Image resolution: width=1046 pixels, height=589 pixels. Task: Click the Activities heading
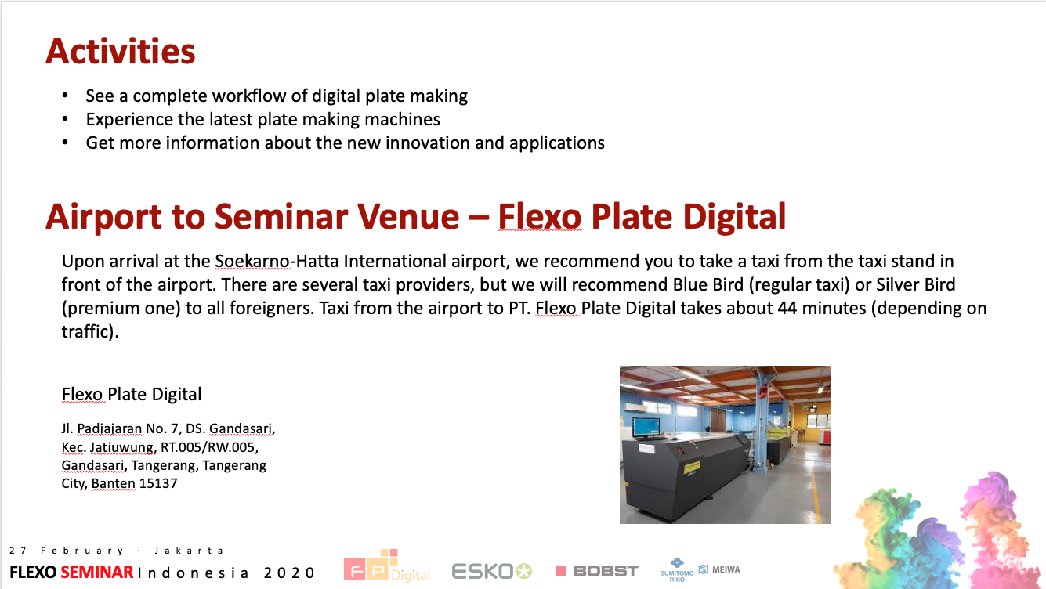[x=121, y=51]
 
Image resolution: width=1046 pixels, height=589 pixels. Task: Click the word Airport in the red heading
[x=103, y=218]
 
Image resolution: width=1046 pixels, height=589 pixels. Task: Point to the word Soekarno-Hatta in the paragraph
[x=277, y=262]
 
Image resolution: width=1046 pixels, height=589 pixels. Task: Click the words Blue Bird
[x=708, y=284]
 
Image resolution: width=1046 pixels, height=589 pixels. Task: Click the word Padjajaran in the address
[x=109, y=428]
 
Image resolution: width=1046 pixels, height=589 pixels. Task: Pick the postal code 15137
[x=158, y=483]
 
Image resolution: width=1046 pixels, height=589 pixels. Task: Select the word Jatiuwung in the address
[x=121, y=447]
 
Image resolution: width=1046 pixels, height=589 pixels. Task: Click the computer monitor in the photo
[x=646, y=428]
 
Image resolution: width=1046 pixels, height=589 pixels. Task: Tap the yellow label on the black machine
[x=692, y=467]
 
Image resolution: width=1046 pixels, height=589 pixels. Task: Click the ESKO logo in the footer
[x=492, y=571]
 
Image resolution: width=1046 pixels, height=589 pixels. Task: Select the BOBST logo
[x=597, y=571]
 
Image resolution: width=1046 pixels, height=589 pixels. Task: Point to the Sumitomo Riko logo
[x=677, y=570]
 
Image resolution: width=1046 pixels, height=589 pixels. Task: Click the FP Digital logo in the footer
[x=386, y=566]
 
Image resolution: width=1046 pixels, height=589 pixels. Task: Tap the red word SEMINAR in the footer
[x=97, y=573]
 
